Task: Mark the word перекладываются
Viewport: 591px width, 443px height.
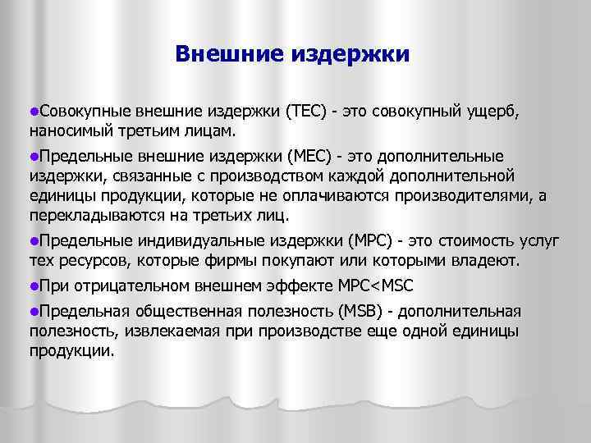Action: [89, 215]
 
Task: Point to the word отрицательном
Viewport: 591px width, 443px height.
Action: [131, 286]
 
